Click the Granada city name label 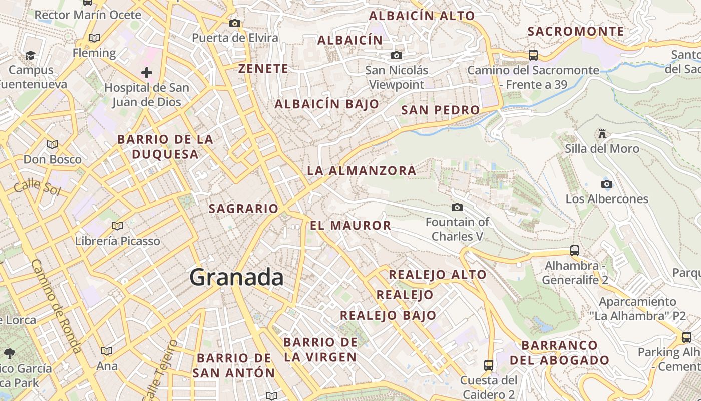[236, 277]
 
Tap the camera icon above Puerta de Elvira [235, 23]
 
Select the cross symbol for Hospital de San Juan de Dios [146, 73]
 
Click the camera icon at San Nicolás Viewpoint [397, 55]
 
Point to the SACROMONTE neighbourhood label [576, 31]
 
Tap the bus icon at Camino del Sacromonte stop [533, 55]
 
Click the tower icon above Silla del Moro [602, 134]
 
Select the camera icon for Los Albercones [607, 184]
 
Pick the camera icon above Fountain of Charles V [457, 207]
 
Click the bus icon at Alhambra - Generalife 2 [575, 251]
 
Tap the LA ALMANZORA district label [362, 171]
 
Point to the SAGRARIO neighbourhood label [243, 209]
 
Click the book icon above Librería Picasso [117, 226]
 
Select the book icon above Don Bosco [52, 145]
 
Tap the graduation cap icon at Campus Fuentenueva [31, 55]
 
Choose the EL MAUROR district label [350, 226]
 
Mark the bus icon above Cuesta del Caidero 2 [489, 365]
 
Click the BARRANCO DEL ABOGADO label [559, 353]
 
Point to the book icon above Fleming [94, 38]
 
